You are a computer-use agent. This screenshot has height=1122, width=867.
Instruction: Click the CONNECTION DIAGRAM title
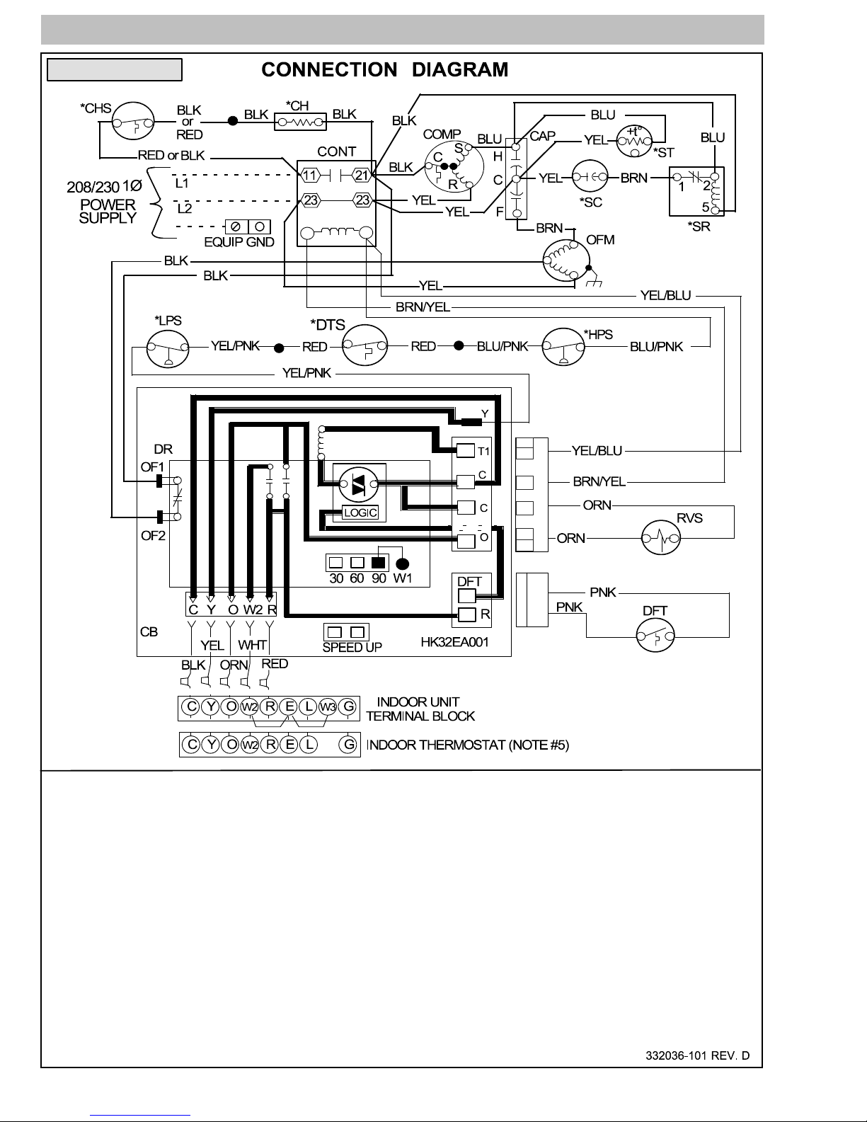point(384,69)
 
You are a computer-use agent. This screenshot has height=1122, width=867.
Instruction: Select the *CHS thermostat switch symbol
point(133,121)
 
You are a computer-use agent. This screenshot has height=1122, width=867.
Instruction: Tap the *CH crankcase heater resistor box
point(300,122)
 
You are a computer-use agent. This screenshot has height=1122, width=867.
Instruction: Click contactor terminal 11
point(309,176)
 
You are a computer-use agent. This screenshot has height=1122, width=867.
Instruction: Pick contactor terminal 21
point(361,176)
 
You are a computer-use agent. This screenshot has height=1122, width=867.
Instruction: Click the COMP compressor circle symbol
point(454,167)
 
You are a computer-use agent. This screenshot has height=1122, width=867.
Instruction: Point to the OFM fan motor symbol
point(566,261)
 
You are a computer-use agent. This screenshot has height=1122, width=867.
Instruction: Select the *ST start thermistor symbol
point(634,140)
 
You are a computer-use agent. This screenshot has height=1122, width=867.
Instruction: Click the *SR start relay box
point(696,191)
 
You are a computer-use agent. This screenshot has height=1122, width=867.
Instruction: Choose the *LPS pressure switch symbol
point(168,348)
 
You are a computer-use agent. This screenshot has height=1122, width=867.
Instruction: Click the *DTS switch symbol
point(365,345)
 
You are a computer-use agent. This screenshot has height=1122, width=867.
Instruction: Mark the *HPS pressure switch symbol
point(563,346)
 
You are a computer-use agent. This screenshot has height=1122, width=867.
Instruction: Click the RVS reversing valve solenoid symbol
point(661,537)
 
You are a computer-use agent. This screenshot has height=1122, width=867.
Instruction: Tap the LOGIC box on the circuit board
point(361,513)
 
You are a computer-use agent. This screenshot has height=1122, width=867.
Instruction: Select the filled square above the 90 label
point(379,562)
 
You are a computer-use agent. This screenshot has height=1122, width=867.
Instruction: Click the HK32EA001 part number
point(454,642)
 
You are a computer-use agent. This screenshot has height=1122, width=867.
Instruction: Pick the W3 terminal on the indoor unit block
point(328,706)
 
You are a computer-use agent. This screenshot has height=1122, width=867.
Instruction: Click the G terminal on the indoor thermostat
point(349,745)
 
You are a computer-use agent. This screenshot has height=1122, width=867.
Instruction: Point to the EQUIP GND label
point(239,242)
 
